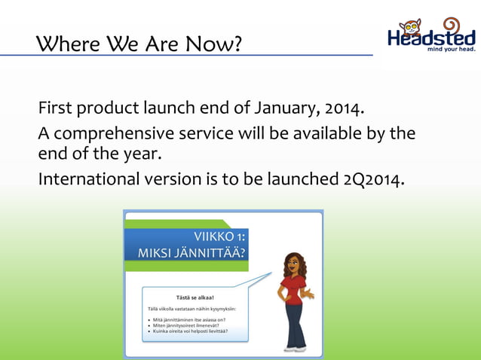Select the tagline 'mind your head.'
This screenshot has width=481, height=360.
[451, 50]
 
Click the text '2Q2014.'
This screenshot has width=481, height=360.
[373, 180]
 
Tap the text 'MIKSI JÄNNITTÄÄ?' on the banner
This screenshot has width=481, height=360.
[191, 254]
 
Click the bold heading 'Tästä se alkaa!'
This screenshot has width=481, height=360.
[195, 297]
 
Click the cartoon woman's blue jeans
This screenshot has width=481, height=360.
[293, 324]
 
